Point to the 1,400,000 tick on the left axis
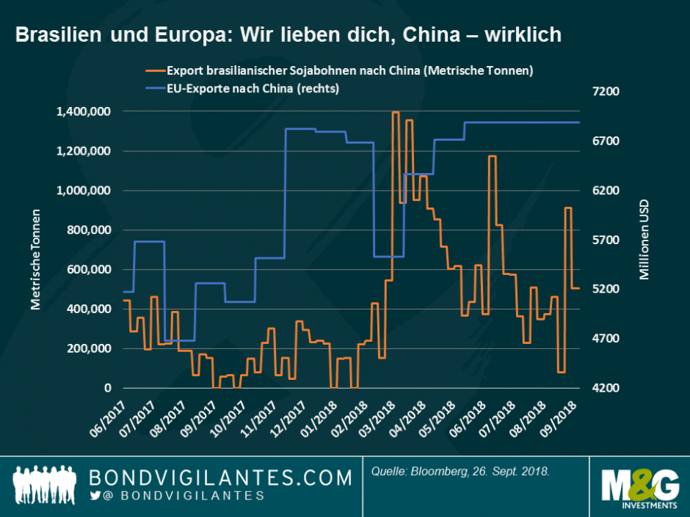[85, 111]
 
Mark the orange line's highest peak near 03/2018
[396, 112]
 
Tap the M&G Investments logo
[638, 487]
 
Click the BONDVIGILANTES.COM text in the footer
[220, 478]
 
